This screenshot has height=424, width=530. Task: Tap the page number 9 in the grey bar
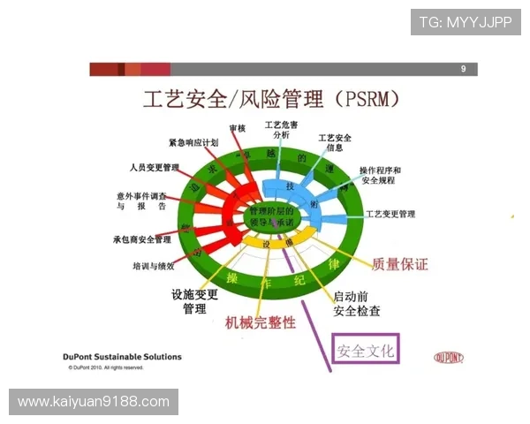click(x=463, y=69)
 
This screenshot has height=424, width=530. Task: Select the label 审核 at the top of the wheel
click(x=237, y=129)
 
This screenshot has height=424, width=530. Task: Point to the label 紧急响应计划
click(x=193, y=142)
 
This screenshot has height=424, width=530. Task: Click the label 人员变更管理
click(x=154, y=167)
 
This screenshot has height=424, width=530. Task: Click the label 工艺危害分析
click(x=281, y=129)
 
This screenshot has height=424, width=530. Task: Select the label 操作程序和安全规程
click(x=380, y=176)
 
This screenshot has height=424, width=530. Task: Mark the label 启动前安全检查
click(x=357, y=304)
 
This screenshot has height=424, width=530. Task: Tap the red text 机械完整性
click(x=261, y=322)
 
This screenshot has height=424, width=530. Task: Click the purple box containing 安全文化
click(x=365, y=351)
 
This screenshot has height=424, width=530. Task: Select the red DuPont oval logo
click(x=450, y=358)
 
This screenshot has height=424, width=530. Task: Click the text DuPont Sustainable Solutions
click(x=124, y=357)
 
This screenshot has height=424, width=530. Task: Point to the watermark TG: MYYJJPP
click(x=466, y=22)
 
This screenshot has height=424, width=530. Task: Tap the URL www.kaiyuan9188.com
click(x=94, y=402)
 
